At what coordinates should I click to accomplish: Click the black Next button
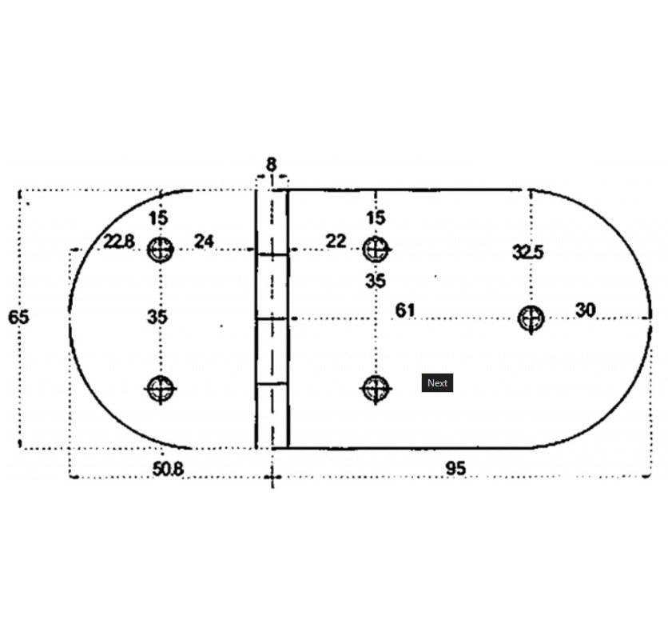pyautogui.click(x=437, y=382)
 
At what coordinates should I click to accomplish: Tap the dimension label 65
pyautogui.click(x=18, y=317)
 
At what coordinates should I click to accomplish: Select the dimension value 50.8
pyautogui.click(x=168, y=470)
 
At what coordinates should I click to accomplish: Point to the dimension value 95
pyautogui.click(x=455, y=469)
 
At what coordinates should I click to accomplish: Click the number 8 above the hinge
pyautogui.click(x=271, y=164)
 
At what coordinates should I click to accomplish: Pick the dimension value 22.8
pyautogui.click(x=119, y=242)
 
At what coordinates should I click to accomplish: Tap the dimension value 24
pyautogui.click(x=204, y=241)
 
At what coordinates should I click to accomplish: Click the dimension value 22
pyautogui.click(x=336, y=241)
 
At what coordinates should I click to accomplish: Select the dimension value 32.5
pyautogui.click(x=528, y=252)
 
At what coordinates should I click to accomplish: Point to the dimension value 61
pyautogui.click(x=405, y=310)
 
